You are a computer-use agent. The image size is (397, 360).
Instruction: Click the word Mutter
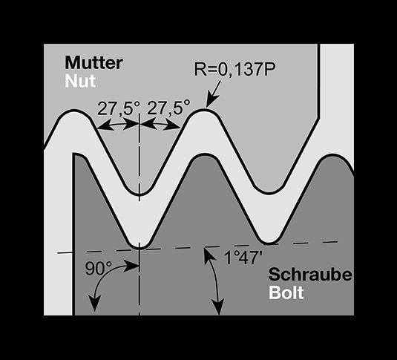click(94, 62)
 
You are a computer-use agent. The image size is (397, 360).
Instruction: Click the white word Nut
click(80, 81)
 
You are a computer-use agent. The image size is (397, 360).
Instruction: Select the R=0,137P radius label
click(234, 68)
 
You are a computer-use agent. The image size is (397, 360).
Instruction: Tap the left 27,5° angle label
click(119, 108)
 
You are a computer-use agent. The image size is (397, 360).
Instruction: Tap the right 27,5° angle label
click(168, 108)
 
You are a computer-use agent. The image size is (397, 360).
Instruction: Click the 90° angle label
click(99, 269)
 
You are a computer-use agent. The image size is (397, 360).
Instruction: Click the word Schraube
click(310, 275)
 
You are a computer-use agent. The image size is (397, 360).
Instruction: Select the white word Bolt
click(286, 293)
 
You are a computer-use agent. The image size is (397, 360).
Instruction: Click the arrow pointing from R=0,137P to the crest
click(214, 94)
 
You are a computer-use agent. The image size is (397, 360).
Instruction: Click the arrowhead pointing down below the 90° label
click(95, 303)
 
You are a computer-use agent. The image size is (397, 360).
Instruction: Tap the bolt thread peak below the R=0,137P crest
click(205, 155)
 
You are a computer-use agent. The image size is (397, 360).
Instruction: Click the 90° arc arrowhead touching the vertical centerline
click(132, 266)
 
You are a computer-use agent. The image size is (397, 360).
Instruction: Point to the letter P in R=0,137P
click(270, 68)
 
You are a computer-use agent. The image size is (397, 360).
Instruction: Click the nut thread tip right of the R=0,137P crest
click(269, 192)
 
